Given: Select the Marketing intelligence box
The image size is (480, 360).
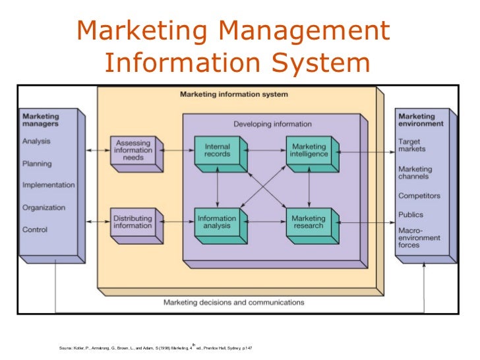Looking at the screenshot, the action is (x=308, y=150).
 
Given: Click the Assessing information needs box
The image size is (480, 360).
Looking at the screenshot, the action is (x=133, y=151).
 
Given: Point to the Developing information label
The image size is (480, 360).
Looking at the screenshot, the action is (x=272, y=123).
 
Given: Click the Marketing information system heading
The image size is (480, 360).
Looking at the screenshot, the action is (x=233, y=94).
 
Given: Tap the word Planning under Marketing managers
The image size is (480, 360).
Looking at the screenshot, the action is (x=38, y=164).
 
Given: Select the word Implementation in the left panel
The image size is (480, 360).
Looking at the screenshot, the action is (x=48, y=185).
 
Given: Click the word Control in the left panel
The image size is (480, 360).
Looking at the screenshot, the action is (x=35, y=230).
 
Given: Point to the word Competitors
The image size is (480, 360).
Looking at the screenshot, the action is (x=419, y=196).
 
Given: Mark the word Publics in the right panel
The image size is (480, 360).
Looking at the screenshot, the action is (x=411, y=214).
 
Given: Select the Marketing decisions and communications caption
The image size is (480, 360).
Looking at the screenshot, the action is (x=233, y=303).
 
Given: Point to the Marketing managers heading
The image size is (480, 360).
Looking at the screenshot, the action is (x=41, y=120).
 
